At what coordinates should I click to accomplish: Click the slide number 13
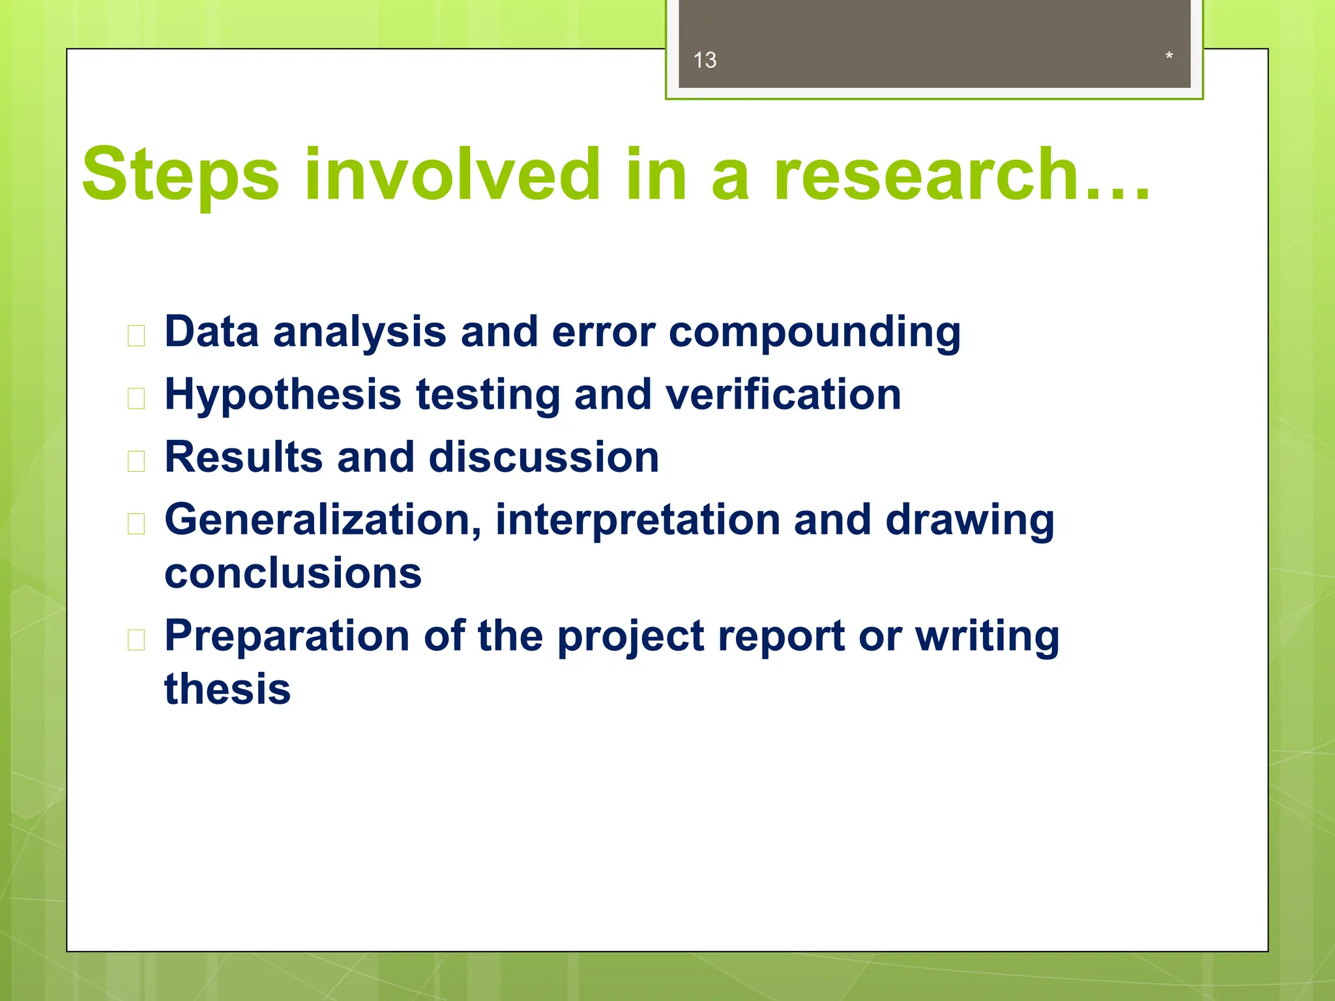(x=705, y=61)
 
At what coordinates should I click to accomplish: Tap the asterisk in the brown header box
(x=1169, y=57)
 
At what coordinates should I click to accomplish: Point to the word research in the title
(x=926, y=175)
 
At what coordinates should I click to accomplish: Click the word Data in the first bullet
(x=211, y=332)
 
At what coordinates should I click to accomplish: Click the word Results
(x=244, y=457)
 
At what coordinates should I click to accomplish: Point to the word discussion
(x=544, y=457)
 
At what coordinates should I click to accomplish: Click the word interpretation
(x=637, y=520)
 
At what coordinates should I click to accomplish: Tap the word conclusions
(x=293, y=573)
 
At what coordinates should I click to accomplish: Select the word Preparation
(x=286, y=637)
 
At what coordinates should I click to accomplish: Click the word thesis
(x=227, y=689)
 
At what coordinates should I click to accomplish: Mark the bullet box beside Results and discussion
(x=136, y=461)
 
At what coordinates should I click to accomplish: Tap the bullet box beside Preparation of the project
(x=136, y=640)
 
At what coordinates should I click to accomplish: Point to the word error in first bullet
(x=603, y=332)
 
